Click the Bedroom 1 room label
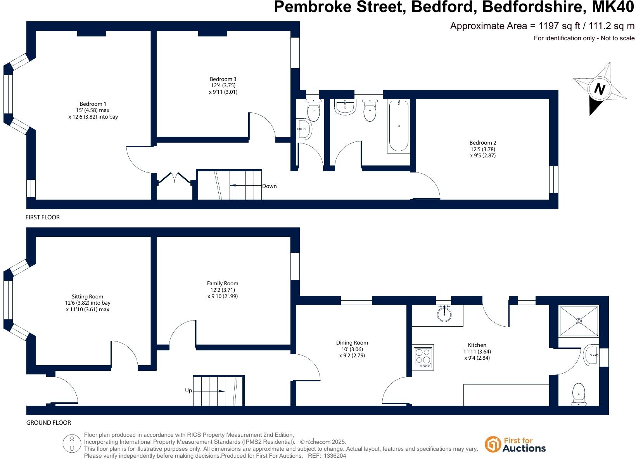tap(93, 104)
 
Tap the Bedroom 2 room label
tap(483, 143)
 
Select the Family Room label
tap(223, 283)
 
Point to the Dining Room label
tap(352, 343)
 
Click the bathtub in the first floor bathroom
tap(399, 126)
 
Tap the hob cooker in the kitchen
tap(423, 357)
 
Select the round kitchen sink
tap(444, 314)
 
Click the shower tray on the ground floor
tap(579, 321)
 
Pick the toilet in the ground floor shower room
tap(579, 393)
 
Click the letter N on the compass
tap(600, 89)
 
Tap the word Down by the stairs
tap(270, 186)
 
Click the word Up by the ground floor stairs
tap(188, 391)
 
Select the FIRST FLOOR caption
tap(43, 217)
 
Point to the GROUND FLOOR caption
tap(48, 423)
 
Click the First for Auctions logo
tap(515, 445)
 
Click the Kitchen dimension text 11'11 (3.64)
tap(477, 352)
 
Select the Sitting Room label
tap(88, 297)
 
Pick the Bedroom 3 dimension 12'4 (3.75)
tap(223, 86)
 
